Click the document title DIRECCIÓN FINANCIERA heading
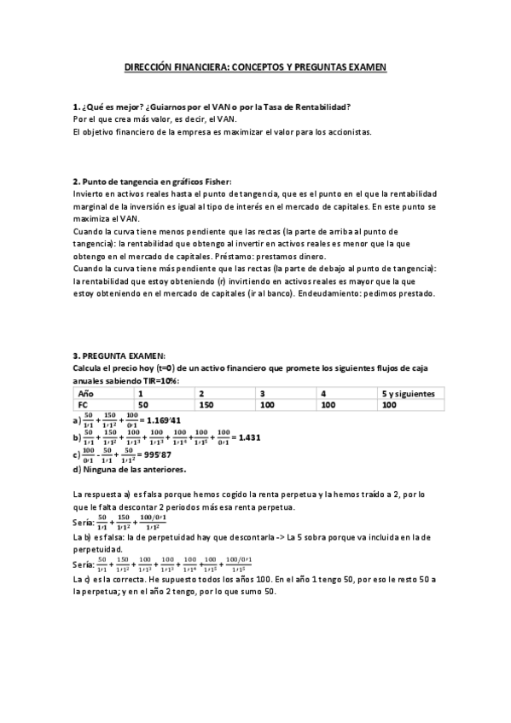tap(255, 66)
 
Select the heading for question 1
tap(212, 107)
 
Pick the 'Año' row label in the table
tap(85, 394)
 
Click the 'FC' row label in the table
tap(83, 406)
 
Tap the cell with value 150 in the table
tap(207, 406)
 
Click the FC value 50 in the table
tap(144, 406)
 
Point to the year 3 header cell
tap(263, 394)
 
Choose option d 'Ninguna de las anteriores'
tap(129, 469)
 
